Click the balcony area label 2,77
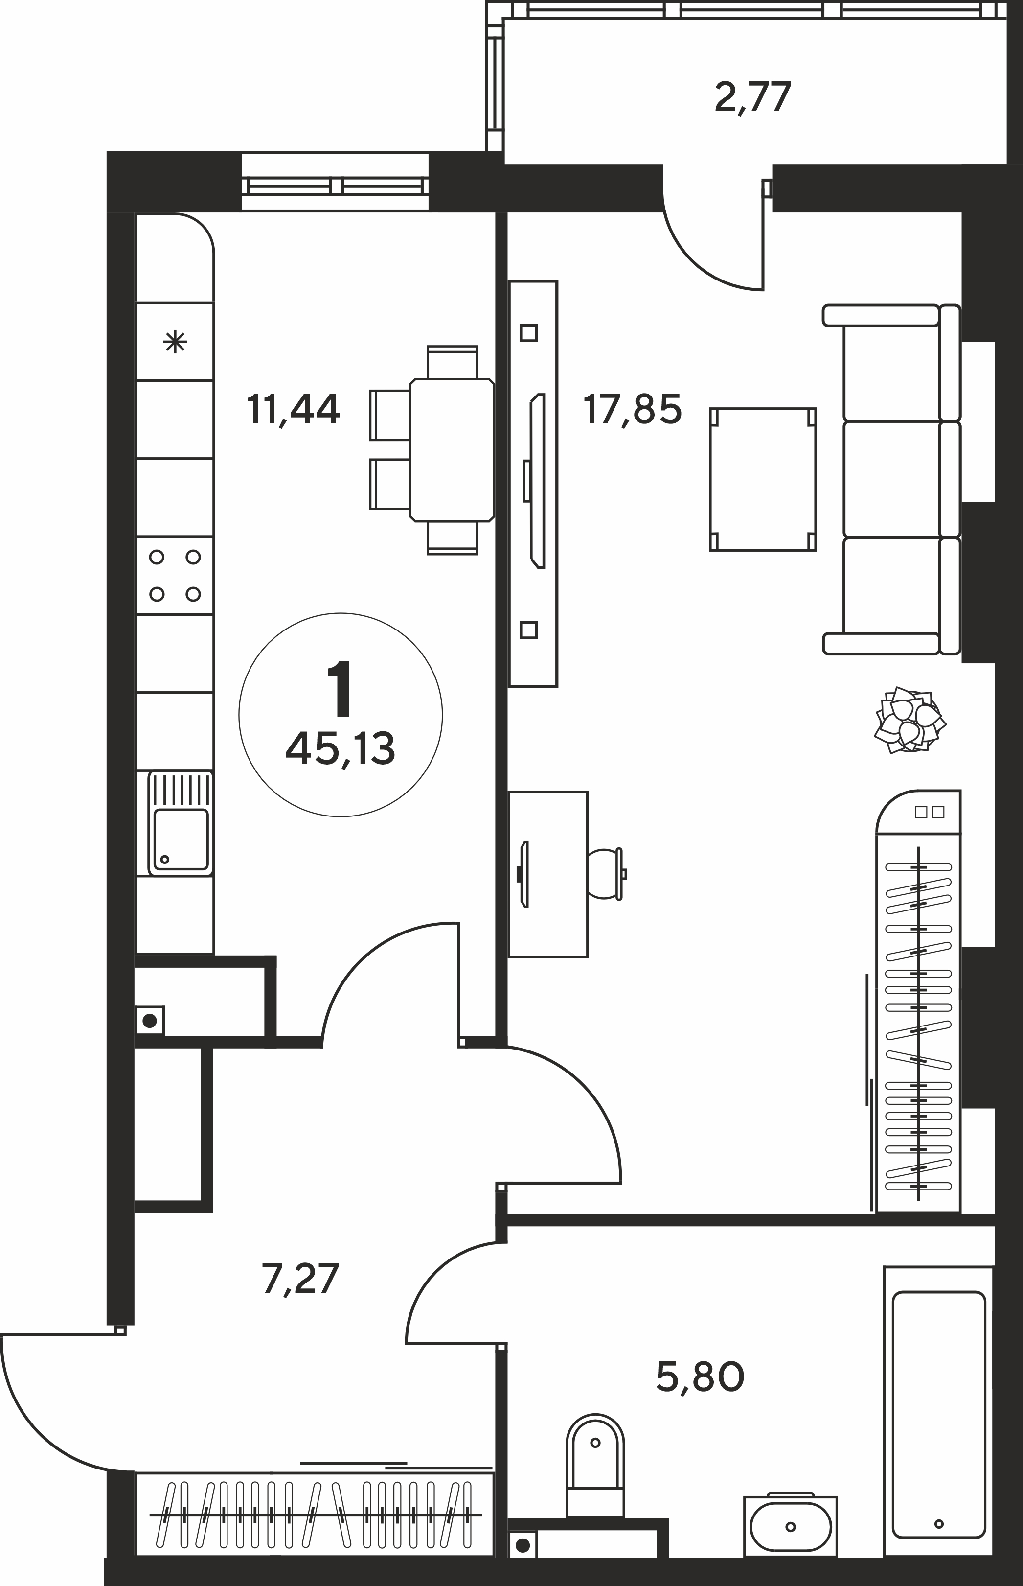click(752, 98)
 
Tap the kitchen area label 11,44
click(293, 409)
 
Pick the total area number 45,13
click(340, 749)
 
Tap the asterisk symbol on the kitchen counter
click(175, 343)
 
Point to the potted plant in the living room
click(909, 720)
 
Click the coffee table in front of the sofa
click(763, 479)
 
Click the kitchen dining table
click(452, 450)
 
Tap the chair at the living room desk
click(605, 874)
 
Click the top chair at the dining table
click(453, 362)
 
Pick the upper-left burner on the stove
click(157, 557)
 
